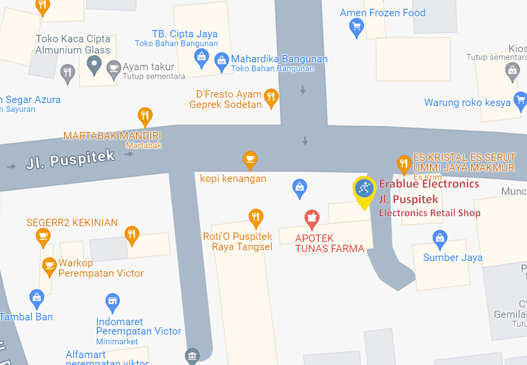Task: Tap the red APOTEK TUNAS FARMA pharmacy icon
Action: tap(312, 219)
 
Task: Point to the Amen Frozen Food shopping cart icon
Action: tap(356, 27)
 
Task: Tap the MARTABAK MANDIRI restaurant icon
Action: tap(145, 116)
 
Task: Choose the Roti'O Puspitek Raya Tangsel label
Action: tap(238, 242)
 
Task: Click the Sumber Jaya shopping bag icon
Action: tap(440, 238)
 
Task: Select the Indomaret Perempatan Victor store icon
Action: tap(112, 302)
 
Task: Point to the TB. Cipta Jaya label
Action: tap(185, 34)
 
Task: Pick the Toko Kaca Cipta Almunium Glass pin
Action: tap(94, 64)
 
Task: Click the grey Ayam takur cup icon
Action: tap(113, 69)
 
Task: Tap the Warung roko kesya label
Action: tap(467, 103)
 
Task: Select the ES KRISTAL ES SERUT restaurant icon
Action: tap(404, 163)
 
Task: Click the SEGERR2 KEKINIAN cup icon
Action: tap(43, 236)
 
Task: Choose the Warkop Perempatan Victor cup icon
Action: tap(49, 266)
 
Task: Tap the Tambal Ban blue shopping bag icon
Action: tap(37, 298)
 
